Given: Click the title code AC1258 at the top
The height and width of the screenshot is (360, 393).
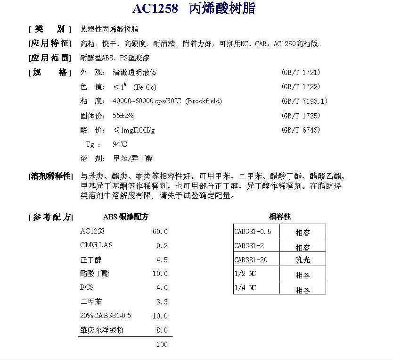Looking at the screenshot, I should [x=155, y=9].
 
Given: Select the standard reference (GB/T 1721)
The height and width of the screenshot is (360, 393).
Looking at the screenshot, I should [x=301, y=73].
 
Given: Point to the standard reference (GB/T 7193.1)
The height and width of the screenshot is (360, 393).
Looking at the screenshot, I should [x=304, y=101].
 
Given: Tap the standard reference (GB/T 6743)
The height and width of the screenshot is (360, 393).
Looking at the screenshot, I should [x=301, y=130].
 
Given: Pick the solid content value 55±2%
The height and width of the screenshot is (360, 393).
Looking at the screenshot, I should [x=123, y=116].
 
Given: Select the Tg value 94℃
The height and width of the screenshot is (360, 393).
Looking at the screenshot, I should [x=120, y=144].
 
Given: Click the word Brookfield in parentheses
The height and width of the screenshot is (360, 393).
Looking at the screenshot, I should [x=203, y=101].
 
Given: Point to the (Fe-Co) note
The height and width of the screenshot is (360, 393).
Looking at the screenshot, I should [x=145, y=87].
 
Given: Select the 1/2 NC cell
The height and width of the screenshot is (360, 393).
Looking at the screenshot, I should [x=246, y=274].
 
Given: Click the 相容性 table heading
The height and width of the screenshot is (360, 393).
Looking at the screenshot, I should [x=279, y=217].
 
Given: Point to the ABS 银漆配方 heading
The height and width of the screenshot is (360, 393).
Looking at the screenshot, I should [x=126, y=217].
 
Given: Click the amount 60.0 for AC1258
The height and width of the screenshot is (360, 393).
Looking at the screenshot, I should [x=160, y=232].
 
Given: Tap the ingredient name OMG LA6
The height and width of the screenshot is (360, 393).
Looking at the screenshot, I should [x=96, y=245].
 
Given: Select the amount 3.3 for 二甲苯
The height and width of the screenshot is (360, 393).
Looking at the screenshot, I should [x=162, y=302].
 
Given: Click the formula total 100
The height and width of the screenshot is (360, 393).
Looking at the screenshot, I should [x=162, y=344].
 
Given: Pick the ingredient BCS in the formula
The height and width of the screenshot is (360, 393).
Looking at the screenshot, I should [x=87, y=287].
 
